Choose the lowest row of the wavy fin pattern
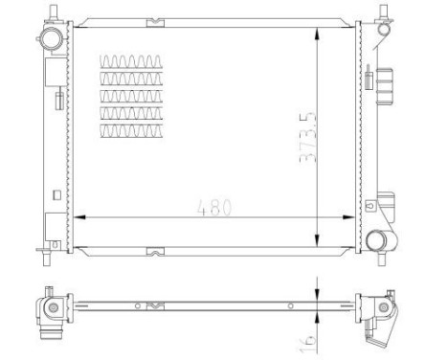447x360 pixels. tap(127, 130)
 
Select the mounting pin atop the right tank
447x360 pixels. tap(386, 10)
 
